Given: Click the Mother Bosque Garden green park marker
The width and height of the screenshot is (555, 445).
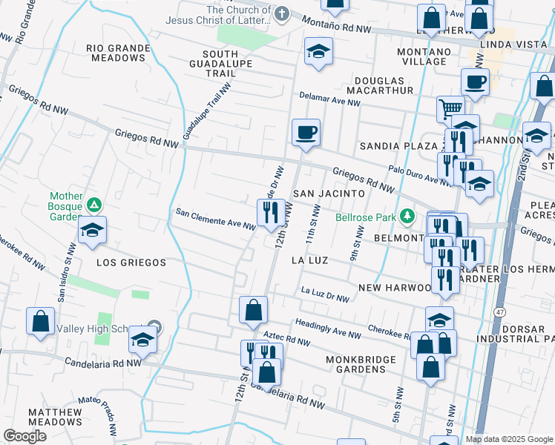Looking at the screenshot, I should pos(94,204).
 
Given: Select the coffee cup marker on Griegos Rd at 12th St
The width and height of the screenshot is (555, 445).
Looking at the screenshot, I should pos(306,133).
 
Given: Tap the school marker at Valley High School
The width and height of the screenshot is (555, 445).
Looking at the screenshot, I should pos(142,340).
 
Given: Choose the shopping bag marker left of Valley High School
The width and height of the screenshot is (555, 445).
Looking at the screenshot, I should pos(41,321).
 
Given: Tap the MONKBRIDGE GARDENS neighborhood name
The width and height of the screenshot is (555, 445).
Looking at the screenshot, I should pos(357,365).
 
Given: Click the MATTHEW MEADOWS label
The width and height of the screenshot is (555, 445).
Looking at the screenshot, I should pos(55,417).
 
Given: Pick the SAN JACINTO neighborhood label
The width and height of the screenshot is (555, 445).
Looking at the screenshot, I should pos(328,193).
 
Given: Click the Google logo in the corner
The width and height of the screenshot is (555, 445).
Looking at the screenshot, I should pos(24,436).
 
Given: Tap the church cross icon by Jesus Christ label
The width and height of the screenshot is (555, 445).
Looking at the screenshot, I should pos(281,13).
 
